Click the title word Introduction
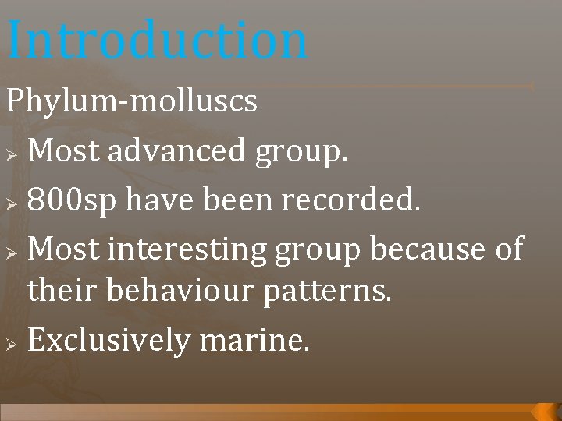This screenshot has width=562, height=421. coord(158,41)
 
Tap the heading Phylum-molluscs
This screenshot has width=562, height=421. coord(132,101)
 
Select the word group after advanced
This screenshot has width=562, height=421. coord(301,151)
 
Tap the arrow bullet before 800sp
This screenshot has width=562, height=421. coord(11,201)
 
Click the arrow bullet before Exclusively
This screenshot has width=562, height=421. coord(11,341)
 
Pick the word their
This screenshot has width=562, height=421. coord(60,291)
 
